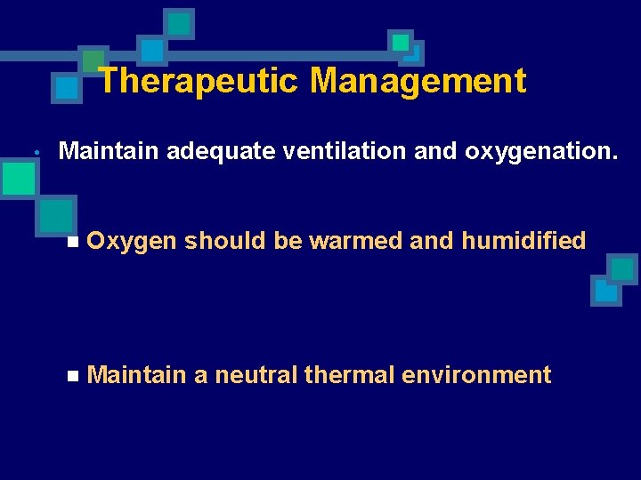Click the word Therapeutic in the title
[199, 81]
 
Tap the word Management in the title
[418, 81]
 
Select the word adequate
[223, 151]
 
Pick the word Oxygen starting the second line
[133, 241]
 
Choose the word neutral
[256, 375]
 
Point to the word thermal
[350, 375]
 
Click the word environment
[477, 375]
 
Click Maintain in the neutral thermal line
[138, 375]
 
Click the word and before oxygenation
[435, 151]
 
